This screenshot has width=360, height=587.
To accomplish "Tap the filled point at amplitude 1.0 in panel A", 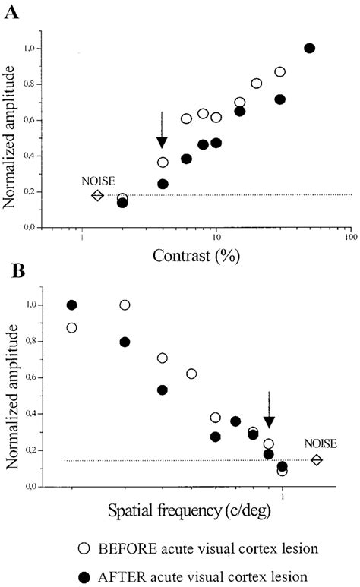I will (x=309, y=48).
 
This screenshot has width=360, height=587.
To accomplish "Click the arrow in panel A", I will (x=162, y=131).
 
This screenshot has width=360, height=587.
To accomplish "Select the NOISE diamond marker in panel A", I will (x=97, y=195).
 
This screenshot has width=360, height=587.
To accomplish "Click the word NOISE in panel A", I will (x=99, y=181).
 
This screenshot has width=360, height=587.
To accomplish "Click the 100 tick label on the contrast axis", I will (x=350, y=235).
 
